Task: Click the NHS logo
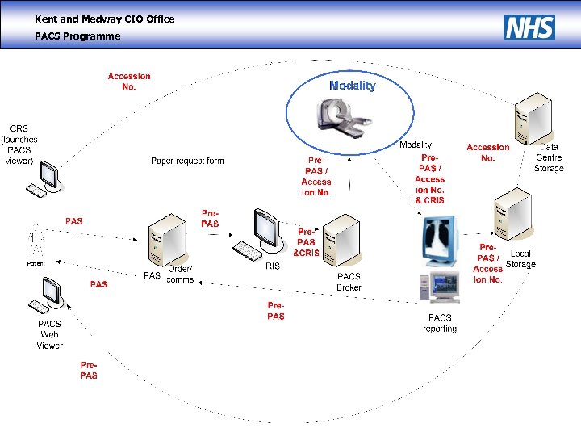pos(529,27)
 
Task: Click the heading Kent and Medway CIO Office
pos(104,19)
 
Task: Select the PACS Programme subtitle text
pos(77,36)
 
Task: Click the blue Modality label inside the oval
pos(352,86)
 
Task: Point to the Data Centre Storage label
pos(549,157)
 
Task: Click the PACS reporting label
pos(440,323)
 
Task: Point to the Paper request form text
pos(187,161)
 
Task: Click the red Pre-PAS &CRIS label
pos(306,242)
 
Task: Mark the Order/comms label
pos(180,275)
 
